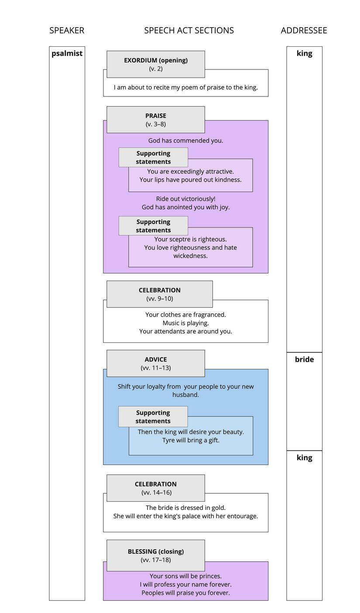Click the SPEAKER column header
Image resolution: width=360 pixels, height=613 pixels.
pyautogui.click(x=67, y=31)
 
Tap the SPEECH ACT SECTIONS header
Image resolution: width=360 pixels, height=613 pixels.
pyautogui.click(x=189, y=31)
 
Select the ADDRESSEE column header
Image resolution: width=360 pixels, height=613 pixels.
pyautogui.click(x=304, y=31)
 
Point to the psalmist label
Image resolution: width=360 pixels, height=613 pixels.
pyautogui.click(x=67, y=54)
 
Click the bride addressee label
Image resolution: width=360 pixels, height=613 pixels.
pyautogui.click(x=304, y=359)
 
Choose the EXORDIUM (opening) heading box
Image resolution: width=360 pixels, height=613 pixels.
pyautogui.click(x=156, y=64)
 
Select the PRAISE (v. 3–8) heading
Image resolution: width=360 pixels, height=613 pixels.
pyautogui.click(x=156, y=120)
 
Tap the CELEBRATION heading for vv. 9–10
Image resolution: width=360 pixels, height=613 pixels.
pyautogui.click(x=159, y=294)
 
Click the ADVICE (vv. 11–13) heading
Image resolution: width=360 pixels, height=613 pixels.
pyautogui.click(x=156, y=363)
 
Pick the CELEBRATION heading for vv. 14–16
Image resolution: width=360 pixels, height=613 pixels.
pyautogui.click(x=156, y=488)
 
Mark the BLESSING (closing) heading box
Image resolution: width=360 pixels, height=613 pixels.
pyautogui.click(x=156, y=555)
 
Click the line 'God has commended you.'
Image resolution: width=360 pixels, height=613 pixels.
pyautogui.click(x=185, y=141)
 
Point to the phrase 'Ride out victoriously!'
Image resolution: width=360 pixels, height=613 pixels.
pyautogui.click(x=185, y=199)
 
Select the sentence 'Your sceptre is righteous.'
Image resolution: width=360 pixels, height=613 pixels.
pyautogui.click(x=190, y=239)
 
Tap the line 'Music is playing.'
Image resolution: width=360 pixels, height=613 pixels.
pyautogui.click(x=185, y=323)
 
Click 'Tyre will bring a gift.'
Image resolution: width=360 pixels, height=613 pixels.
pyautogui.click(x=191, y=440)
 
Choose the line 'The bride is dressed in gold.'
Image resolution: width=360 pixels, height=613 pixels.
pyautogui.click(x=185, y=508)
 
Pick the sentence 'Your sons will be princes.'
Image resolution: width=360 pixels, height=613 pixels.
pyautogui.click(x=185, y=576)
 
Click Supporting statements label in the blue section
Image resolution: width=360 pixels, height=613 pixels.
pyautogui.click(x=153, y=417)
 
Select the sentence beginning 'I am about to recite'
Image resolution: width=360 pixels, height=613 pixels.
pyautogui.click(x=185, y=87)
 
